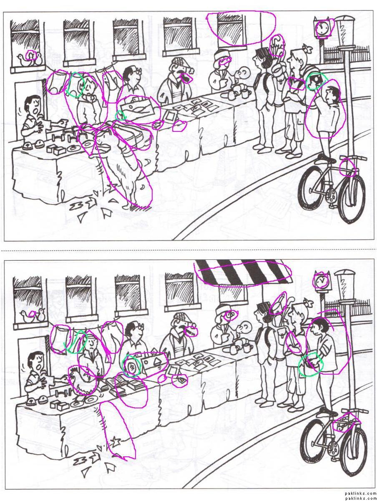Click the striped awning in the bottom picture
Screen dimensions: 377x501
tap(243, 271)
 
